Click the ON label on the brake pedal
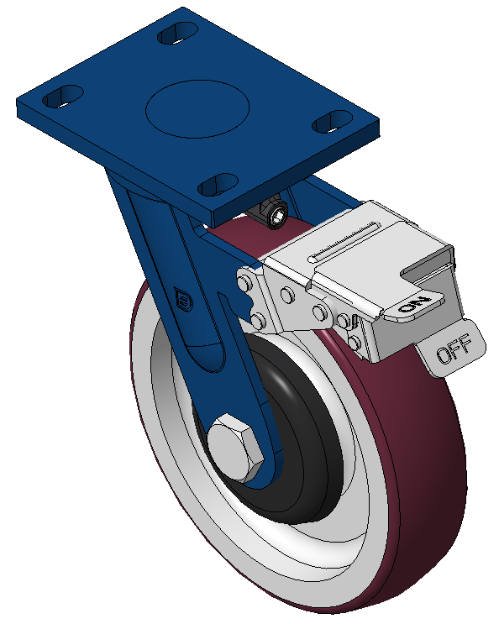(415, 305)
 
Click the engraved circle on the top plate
(197, 108)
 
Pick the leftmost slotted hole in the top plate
(62, 96)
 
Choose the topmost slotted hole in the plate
(178, 33)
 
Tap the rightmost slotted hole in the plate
(333, 122)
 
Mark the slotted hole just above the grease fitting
(218, 185)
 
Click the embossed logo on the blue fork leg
(183, 299)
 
